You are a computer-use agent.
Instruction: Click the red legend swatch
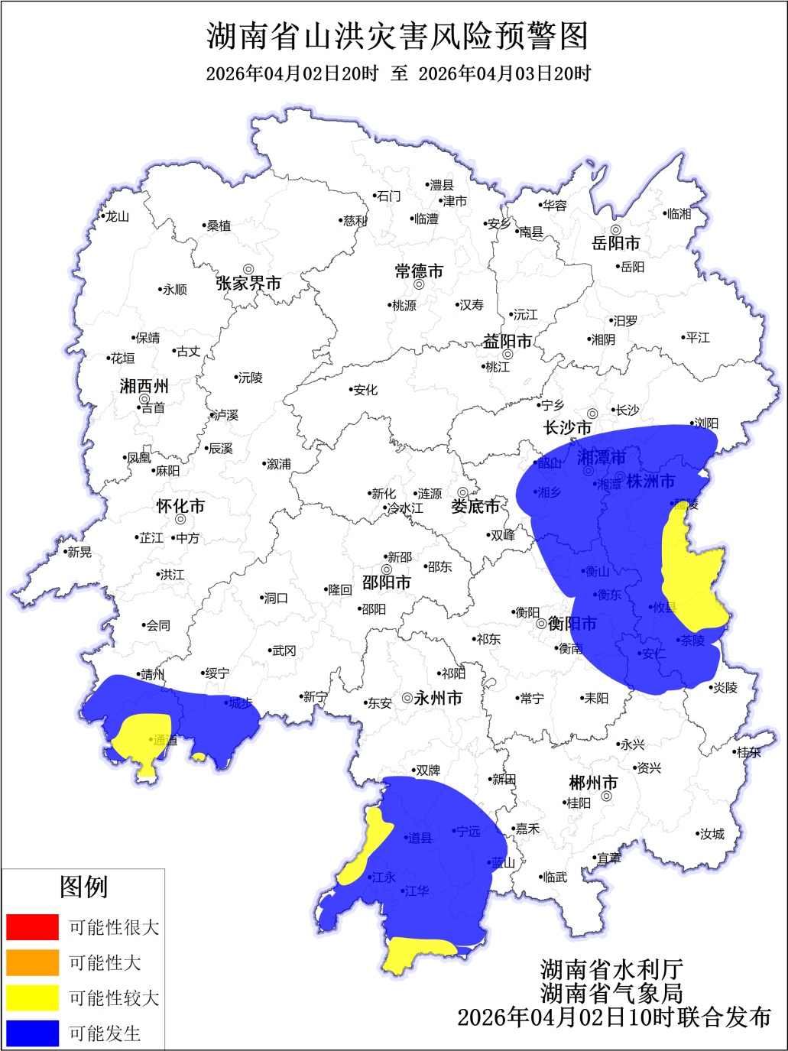click(32, 926)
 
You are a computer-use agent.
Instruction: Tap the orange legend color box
click(32, 962)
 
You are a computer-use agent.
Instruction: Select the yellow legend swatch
click(32, 997)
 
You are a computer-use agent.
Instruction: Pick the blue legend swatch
click(32, 1033)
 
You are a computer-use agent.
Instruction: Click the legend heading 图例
click(83, 887)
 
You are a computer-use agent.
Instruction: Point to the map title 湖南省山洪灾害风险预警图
click(397, 36)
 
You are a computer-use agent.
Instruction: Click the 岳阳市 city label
click(616, 244)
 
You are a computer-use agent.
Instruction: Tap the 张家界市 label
click(248, 284)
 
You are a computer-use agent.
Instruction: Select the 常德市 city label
click(419, 271)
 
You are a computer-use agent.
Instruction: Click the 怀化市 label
click(180, 506)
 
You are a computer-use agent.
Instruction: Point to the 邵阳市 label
click(387, 582)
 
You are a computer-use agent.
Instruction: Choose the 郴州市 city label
click(593, 783)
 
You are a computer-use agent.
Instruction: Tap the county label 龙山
click(117, 217)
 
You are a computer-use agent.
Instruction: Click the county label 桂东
click(749, 752)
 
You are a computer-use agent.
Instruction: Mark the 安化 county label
click(365, 390)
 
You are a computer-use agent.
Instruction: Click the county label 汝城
click(712, 834)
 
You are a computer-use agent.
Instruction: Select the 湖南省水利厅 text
click(611, 970)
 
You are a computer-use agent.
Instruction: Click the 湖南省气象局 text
click(611, 993)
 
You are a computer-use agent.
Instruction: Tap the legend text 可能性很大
click(114, 927)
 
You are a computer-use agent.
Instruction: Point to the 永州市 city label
click(439, 698)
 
